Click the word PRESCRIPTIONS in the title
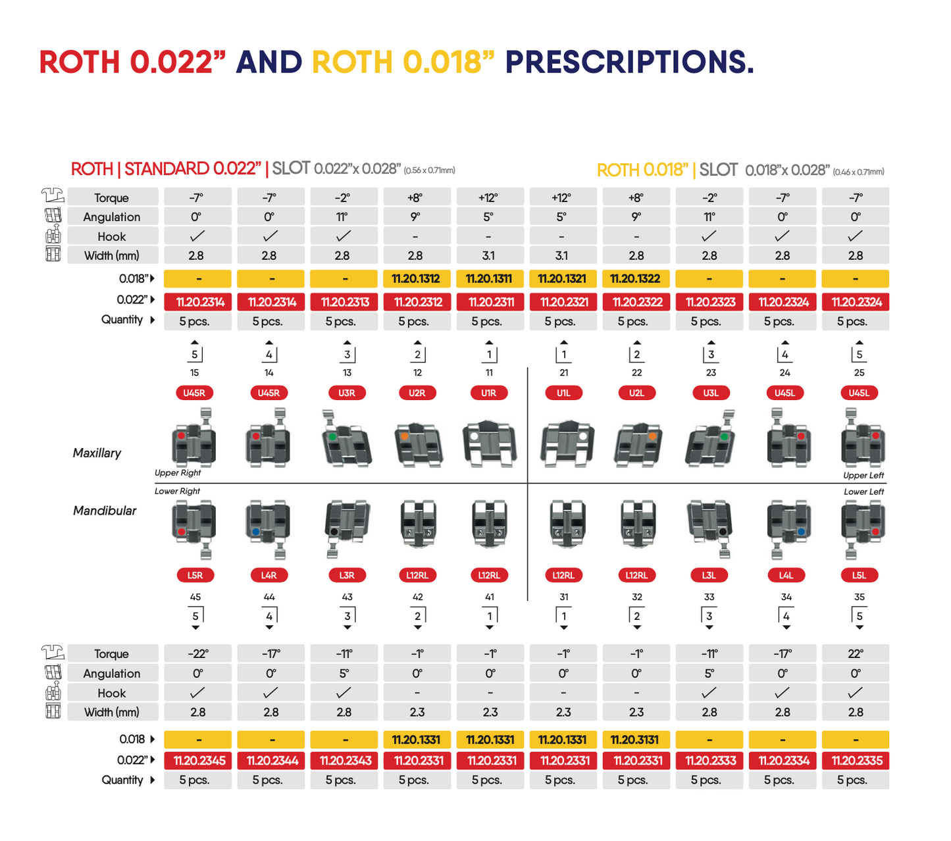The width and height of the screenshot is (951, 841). pyautogui.click(x=629, y=63)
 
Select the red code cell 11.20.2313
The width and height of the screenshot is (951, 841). pyautogui.click(x=345, y=302)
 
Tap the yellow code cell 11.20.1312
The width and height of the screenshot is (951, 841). pyautogui.click(x=416, y=279)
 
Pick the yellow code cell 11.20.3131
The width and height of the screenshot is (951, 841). pyautogui.click(x=634, y=740)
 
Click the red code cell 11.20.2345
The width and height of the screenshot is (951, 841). pyautogui.click(x=199, y=761)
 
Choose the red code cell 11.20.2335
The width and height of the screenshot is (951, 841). pyautogui.click(x=856, y=761)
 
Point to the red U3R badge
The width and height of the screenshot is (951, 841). pyautogui.click(x=347, y=393)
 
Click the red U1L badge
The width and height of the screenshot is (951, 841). pyautogui.click(x=563, y=393)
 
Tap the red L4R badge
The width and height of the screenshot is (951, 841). pyautogui.click(x=269, y=575)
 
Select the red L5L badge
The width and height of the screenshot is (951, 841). pyautogui.click(x=859, y=575)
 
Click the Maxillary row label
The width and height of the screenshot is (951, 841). pyautogui.click(x=97, y=453)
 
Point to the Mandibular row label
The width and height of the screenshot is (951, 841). pyautogui.click(x=105, y=511)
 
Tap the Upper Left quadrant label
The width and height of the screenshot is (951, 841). pyautogui.click(x=863, y=475)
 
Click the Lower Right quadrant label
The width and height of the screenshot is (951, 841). pyautogui.click(x=177, y=491)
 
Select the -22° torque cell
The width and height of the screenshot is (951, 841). pyautogui.click(x=197, y=654)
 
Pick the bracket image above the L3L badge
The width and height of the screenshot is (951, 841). pyautogui.click(x=709, y=526)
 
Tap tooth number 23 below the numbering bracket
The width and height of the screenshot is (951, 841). pyautogui.click(x=711, y=372)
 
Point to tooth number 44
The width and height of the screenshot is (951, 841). pyautogui.click(x=269, y=597)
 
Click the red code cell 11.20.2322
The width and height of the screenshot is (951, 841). pyautogui.click(x=636, y=302)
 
